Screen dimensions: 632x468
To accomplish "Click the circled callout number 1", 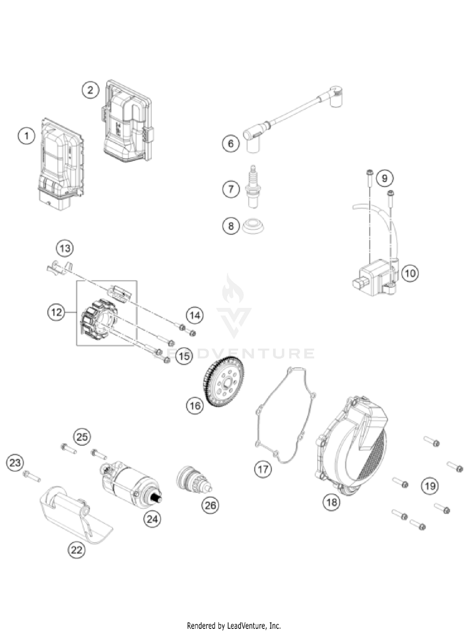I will pyautogui.click(x=27, y=136).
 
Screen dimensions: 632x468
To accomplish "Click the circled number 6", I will pyautogui.click(x=231, y=143).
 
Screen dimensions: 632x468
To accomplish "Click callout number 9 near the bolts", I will pyautogui.click(x=384, y=178).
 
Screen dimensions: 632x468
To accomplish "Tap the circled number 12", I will pyautogui.click(x=56, y=312).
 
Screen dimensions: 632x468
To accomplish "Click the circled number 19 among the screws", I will pyautogui.click(x=430, y=486).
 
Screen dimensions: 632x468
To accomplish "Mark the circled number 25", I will pyautogui.click(x=82, y=437).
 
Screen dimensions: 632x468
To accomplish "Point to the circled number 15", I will pyautogui.click(x=184, y=356).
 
